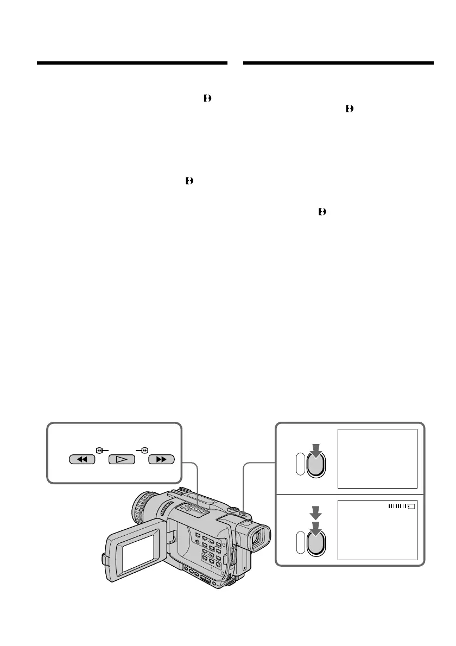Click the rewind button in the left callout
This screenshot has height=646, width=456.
83,459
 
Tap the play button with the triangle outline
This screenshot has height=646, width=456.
122,459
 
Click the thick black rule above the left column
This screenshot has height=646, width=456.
132,63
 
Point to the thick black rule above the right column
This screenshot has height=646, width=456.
339,63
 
